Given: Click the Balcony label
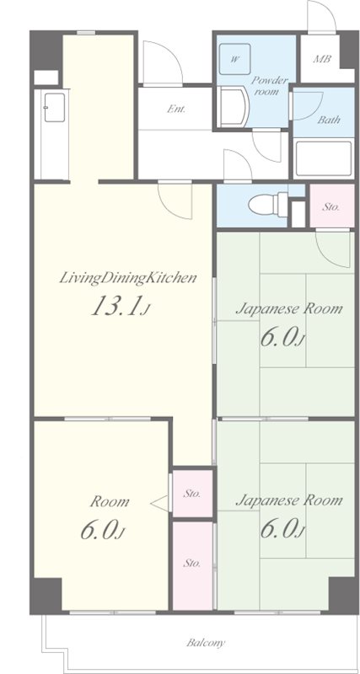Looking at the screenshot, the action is click(205, 643).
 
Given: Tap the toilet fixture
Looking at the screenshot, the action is click(268, 204).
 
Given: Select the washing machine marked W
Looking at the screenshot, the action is click(234, 59).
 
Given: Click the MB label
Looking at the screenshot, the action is click(322, 59).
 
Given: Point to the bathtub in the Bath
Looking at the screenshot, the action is click(324, 158).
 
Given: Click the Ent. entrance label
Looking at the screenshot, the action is click(176, 109).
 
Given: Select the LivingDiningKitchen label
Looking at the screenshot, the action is click(128, 278).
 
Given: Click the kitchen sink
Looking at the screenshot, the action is click(55, 108).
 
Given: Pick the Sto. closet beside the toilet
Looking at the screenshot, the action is click(331, 206).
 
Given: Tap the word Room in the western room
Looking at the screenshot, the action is click(110, 501).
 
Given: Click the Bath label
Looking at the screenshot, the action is click(329, 119).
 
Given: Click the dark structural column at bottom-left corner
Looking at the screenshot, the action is click(46, 596).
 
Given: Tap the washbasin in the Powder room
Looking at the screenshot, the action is click(232, 107).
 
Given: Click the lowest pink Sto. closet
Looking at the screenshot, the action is click(192, 565).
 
